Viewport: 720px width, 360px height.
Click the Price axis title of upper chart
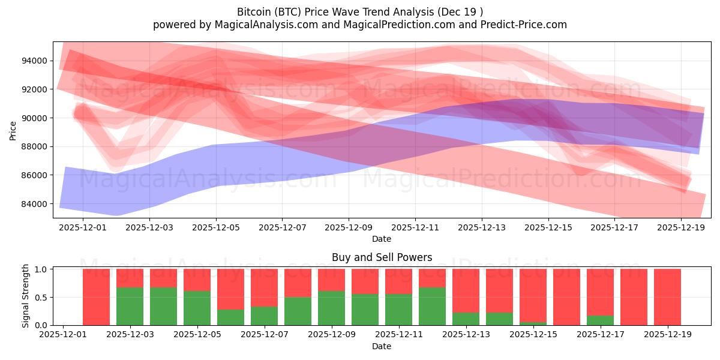pos(13,130)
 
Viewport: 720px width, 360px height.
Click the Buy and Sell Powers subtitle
pos(382,257)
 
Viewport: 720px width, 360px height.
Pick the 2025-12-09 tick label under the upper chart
pos(349,227)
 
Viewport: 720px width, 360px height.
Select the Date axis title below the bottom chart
pos(382,346)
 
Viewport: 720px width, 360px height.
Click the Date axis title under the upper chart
pos(382,239)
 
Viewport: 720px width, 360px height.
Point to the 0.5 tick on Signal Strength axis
pos(42,298)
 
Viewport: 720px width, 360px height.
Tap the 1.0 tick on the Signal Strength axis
pos(42,269)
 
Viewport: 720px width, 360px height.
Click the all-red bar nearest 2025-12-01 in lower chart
pos(96,297)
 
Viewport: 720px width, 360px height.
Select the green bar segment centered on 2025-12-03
pos(163,306)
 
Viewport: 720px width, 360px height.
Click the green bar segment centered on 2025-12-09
pos(331,308)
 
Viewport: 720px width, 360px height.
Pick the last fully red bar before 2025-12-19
pos(634,297)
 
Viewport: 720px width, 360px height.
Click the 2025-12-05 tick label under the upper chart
pos(216,227)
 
